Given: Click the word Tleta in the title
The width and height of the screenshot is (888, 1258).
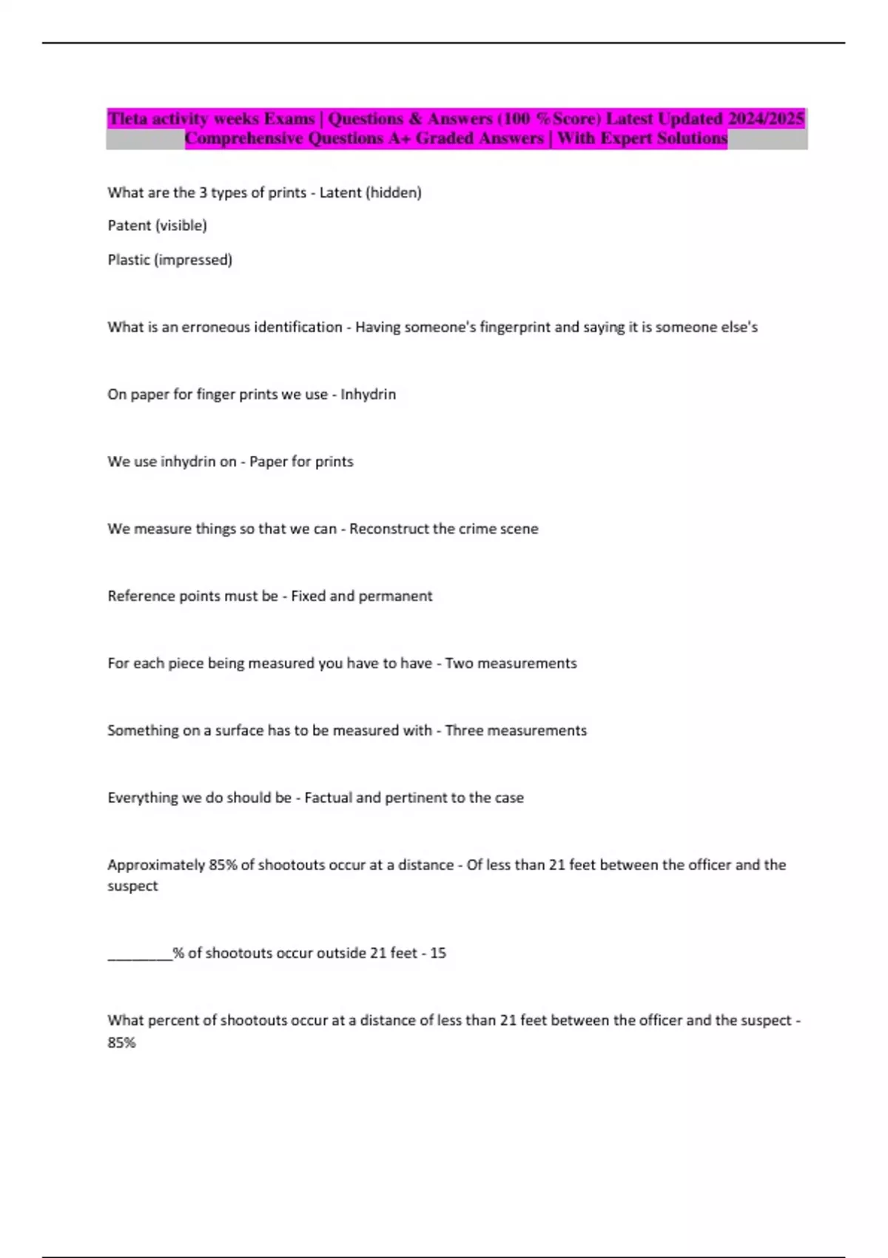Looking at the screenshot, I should coord(127,118).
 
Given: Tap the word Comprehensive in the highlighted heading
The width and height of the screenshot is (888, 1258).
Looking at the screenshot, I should coord(243,138).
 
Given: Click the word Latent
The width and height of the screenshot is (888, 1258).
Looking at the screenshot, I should coord(340,192).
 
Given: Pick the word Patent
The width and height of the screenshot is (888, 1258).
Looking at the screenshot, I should coord(129,225).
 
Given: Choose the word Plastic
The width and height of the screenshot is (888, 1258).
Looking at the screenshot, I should coord(128,260).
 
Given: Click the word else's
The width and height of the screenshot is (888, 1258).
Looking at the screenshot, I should coord(739,327).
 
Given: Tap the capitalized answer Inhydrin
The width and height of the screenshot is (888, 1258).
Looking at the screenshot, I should coord(368,394).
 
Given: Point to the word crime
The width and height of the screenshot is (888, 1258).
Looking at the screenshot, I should coord(478,529).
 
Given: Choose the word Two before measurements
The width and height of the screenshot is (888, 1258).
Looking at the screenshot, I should coord(458,664).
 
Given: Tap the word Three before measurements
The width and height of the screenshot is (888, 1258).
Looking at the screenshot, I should coord(464,731).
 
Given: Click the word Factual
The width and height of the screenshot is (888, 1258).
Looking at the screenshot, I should coord(328,798).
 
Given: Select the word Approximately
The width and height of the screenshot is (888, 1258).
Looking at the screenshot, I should coord(156,865).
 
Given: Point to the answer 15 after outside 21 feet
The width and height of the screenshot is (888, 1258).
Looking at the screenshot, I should coord(438,953).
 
